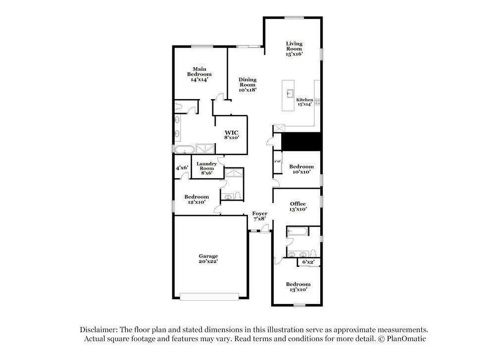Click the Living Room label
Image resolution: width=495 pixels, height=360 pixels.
pos(294,49)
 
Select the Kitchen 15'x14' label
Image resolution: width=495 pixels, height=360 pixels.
pos(304,102)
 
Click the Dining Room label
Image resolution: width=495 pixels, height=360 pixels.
pos(247,85)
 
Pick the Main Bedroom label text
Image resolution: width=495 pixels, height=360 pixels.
pos(199,74)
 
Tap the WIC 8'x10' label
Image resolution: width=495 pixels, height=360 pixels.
pos(232,135)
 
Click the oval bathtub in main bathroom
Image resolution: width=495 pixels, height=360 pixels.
pos(185,149)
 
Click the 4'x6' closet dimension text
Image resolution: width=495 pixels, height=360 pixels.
pos(182,168)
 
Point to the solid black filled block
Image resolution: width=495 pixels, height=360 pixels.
pos(301,142)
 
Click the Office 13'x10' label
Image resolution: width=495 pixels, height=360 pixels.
pos(298,206)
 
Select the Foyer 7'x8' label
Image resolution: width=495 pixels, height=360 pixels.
pos(260,216)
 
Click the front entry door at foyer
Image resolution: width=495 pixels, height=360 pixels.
pos(265,228)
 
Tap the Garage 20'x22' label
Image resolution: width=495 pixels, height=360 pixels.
pos(208,259)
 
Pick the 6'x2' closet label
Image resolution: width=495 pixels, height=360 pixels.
pos(308,262)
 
